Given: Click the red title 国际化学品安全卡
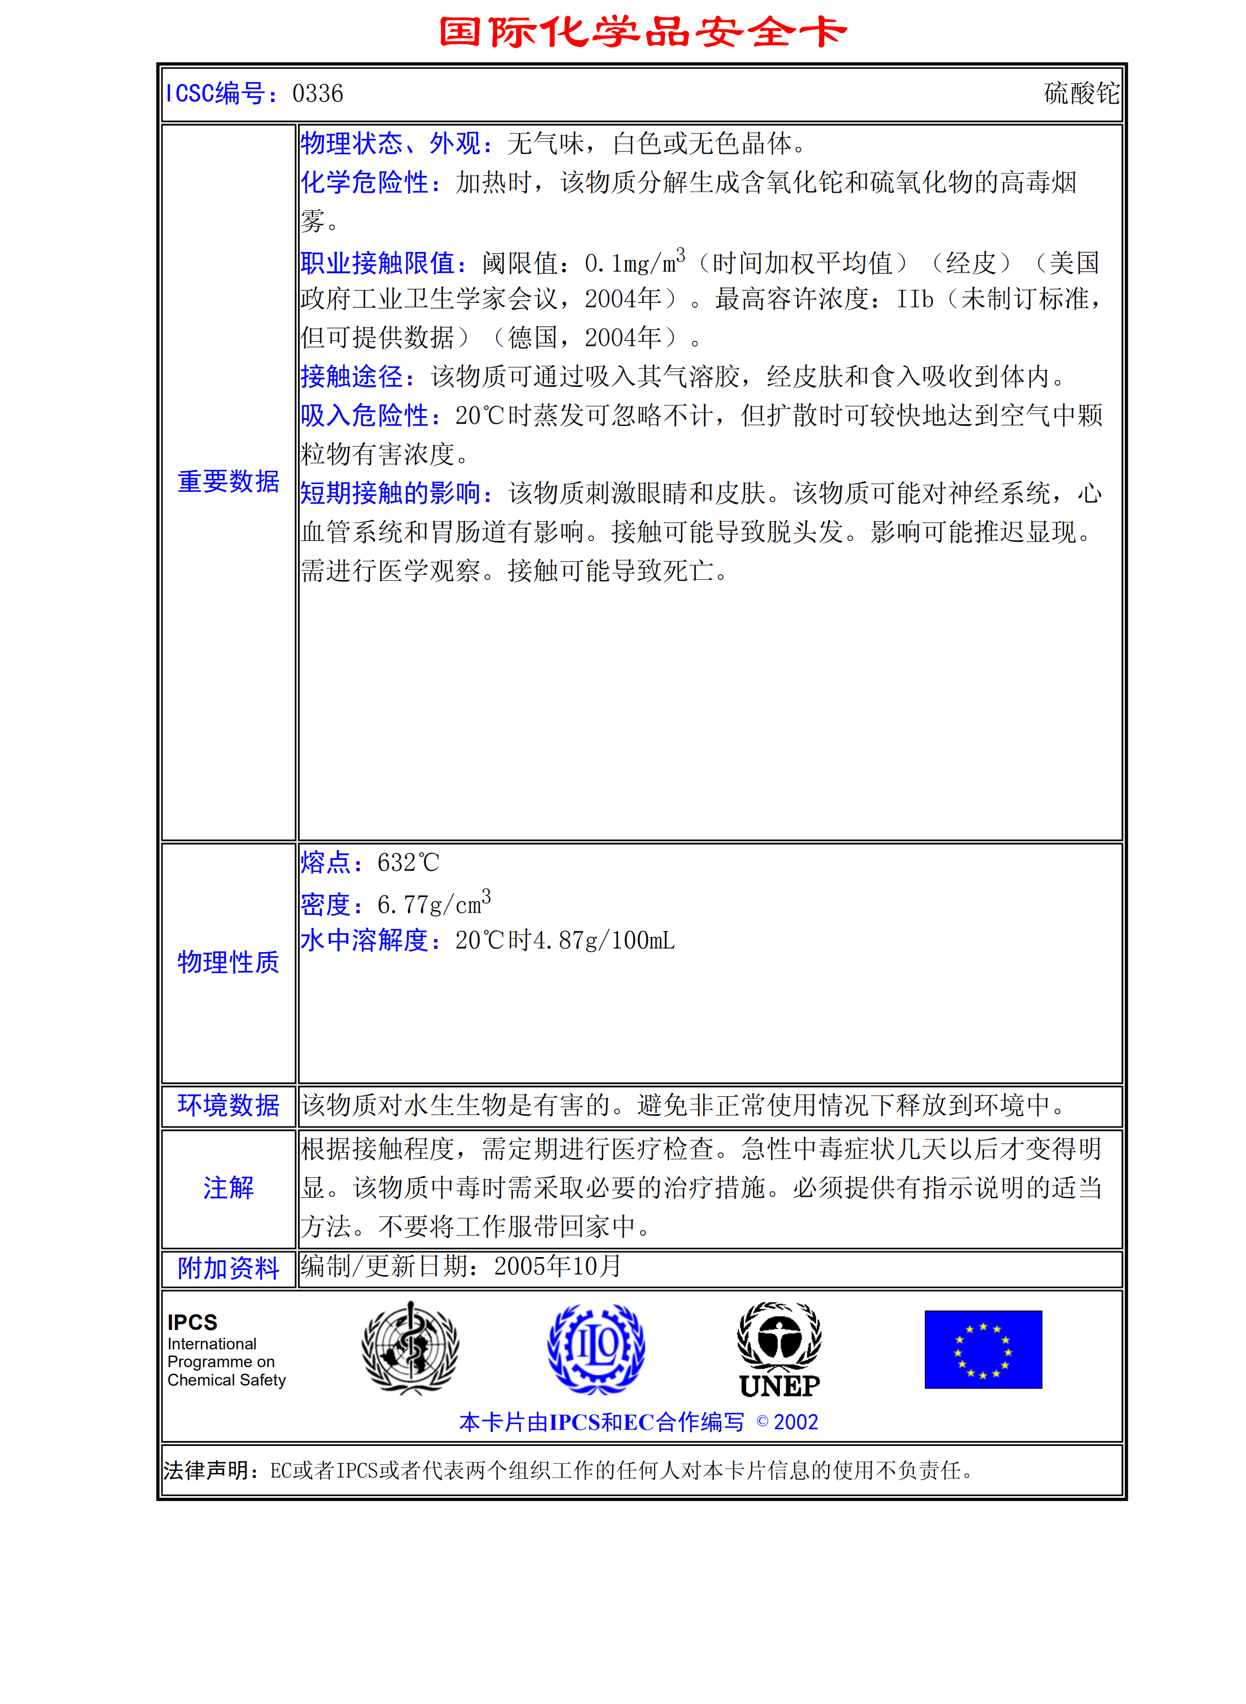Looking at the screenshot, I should coord(642,32).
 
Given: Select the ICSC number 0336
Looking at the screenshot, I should coord(317,93).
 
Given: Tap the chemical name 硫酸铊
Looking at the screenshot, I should coord(1081,93).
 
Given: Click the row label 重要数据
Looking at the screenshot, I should coord(228,481).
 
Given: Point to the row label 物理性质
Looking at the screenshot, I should coord(228,962).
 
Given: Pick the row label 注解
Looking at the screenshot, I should coord(228,1187).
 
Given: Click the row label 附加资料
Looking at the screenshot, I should coord(228,1268).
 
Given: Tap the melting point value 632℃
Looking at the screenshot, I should coord(408,863).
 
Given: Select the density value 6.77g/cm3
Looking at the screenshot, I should coord(434,902).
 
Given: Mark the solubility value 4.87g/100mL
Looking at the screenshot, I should coord(604,940).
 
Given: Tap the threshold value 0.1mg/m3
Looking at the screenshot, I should coord(634,262).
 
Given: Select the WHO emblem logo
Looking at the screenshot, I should coord(410,1348).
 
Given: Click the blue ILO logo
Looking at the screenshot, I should coord(596,1348).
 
